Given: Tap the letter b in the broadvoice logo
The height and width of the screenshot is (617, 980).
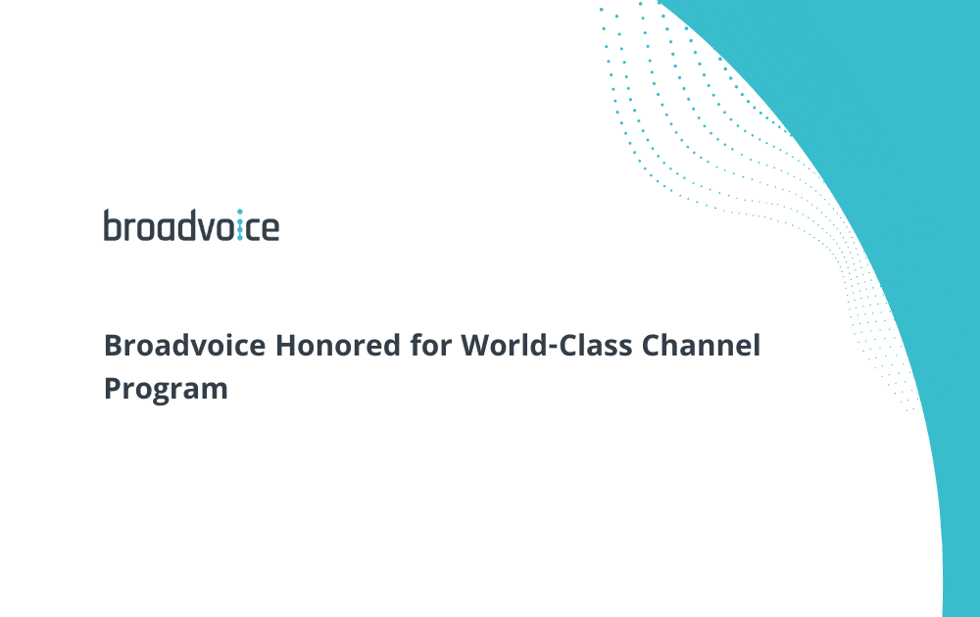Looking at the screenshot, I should tap(112, 225).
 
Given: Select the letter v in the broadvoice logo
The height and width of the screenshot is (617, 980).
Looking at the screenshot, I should tap(203, 229).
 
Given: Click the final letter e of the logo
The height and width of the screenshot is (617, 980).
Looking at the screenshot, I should tap(269, 229).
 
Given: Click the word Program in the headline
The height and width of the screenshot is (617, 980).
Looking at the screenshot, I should tap(166, 389).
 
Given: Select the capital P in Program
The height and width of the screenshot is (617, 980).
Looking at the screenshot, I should tap(112, 388).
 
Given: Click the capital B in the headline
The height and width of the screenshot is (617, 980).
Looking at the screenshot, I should tap(112, 346).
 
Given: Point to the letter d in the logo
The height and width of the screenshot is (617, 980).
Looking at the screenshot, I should tap(184, 225).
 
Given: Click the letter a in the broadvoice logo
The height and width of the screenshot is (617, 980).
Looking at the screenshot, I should tap(165, 229).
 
